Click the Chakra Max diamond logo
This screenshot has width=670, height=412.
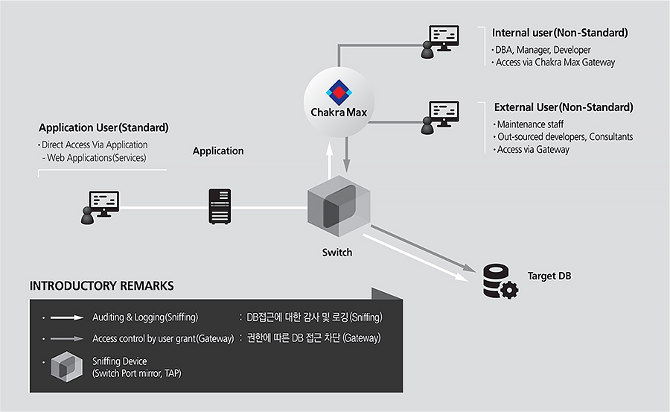click(339, 92)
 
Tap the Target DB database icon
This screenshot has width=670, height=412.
click(500, 281)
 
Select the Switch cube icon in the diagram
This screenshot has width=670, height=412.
click(339, 206)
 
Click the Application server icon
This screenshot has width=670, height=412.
click(220, 206)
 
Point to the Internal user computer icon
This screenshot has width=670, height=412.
click(440, 42)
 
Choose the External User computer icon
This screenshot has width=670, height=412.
click(440, 118)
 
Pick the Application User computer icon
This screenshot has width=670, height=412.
click(100, 208)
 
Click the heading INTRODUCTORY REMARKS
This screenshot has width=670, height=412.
click(102, 286)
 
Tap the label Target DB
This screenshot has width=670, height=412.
click(549, 276)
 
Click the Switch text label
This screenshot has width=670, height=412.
click(337, 253)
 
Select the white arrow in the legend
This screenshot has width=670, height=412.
click(67, 317)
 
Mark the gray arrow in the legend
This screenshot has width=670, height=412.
click(67, 338)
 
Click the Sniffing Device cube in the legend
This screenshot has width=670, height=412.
click(67, 367)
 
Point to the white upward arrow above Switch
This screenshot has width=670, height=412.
click(330, 161)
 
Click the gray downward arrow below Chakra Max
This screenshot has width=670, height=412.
click(346, 155)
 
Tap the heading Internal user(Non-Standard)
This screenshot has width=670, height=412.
click(560, 33)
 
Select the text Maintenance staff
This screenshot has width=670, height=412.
click(530, 124)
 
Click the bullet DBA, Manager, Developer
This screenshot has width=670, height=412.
click(543, 50)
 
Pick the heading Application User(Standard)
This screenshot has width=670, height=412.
click(103, 127)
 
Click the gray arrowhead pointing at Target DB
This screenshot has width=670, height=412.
click(470, 268)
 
